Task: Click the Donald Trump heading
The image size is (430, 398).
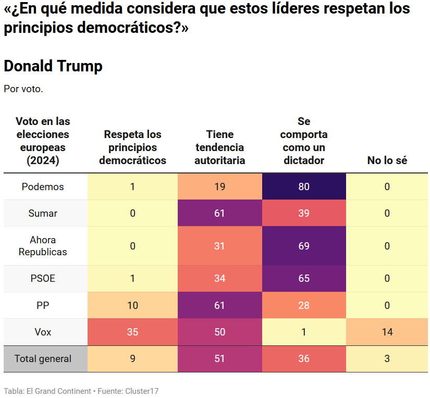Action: tap(53, 66)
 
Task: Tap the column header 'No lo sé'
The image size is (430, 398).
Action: tap(387, 160)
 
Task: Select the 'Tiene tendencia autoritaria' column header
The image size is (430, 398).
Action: tap(219, 147)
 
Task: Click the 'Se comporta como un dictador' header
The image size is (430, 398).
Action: tap(304, 141)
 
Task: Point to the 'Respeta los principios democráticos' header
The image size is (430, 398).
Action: tap(132, 147)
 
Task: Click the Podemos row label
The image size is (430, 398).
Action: tap(43, 186)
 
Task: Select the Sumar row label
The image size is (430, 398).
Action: tap(43, 213)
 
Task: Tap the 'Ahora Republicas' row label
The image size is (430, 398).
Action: tap(43, 246)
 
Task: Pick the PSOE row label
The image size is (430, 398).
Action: tap(43, 279)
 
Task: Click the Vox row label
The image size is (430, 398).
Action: tap(43, 332)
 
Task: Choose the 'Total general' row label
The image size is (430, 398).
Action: tap(43, 358)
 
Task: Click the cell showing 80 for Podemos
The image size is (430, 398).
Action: tap(304, 186)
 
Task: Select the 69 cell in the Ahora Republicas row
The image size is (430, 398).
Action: tap(304, 246)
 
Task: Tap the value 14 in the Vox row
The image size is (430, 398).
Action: tap(387, 332)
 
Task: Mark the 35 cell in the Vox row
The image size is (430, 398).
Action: tap(132, 332)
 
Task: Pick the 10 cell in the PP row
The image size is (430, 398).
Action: tap(132, 305)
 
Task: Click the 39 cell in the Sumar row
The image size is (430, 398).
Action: tap(304, 213)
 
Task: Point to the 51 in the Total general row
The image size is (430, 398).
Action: tap(219, 358)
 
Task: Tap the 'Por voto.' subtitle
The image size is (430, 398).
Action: tap(23, 89)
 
